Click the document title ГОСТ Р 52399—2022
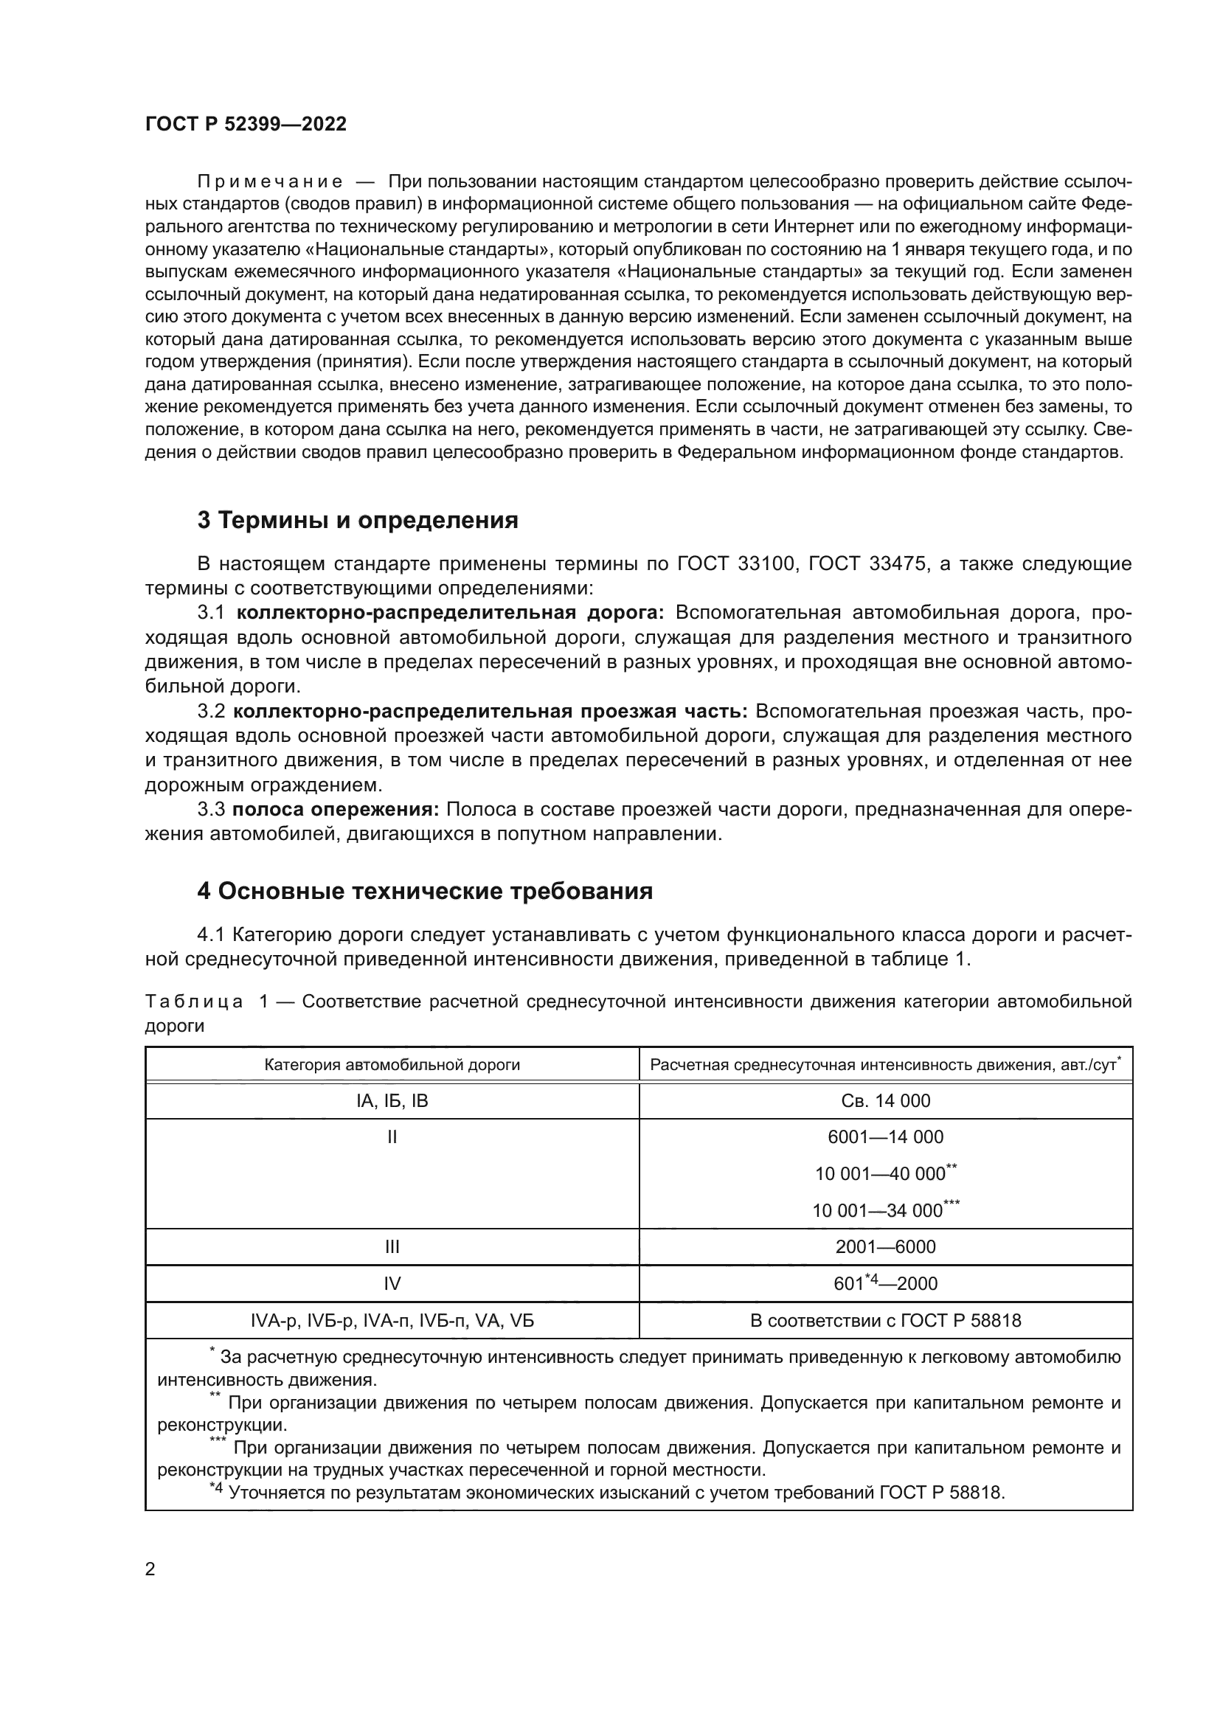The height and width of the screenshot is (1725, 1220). tap(246, 125)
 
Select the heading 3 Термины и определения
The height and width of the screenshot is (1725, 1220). tap(358, 520)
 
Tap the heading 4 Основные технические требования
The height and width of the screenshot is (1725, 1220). tap(424, 891)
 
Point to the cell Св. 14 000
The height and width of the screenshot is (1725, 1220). tap(886, 1100)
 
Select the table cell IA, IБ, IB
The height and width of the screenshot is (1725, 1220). tap(392, 1100)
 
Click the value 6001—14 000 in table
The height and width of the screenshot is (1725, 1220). tap(886, 1136)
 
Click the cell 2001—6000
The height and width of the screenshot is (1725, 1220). tap(886, 1247)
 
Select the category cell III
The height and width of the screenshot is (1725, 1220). tap(392, 1247)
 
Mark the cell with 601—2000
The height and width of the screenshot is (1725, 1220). tap(886, 1284)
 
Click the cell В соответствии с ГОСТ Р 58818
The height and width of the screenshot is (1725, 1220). tap(886, 1321)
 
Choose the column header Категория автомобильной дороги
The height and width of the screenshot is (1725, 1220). tap(392, 1065)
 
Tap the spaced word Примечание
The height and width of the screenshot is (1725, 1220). tap(270, 182)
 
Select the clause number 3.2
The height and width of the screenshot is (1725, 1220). tap(211, 712)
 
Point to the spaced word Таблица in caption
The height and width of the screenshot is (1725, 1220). tap(193, 1002)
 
